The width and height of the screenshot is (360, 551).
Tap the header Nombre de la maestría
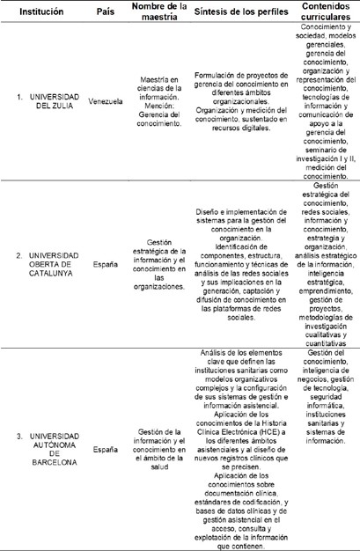[159, 15]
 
